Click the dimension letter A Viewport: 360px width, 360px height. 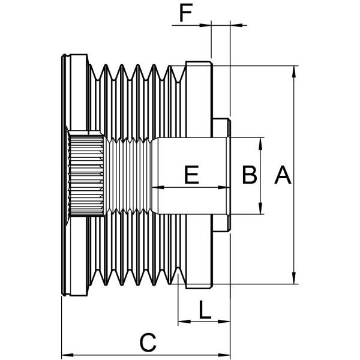[x=283, y=176]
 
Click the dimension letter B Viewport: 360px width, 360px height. [x=250, y=175]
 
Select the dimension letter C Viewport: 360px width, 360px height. [x=148, y=343]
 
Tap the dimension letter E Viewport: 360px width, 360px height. [x=191, y=175]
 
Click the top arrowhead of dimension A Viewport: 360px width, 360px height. [x=294, y=70]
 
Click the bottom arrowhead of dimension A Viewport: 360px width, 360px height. [x=294, y=279]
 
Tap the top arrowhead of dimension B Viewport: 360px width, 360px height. [x=261, y=142]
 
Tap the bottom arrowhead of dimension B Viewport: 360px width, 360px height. [x=261, y=209]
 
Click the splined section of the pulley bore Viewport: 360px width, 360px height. [x=86, y=175]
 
